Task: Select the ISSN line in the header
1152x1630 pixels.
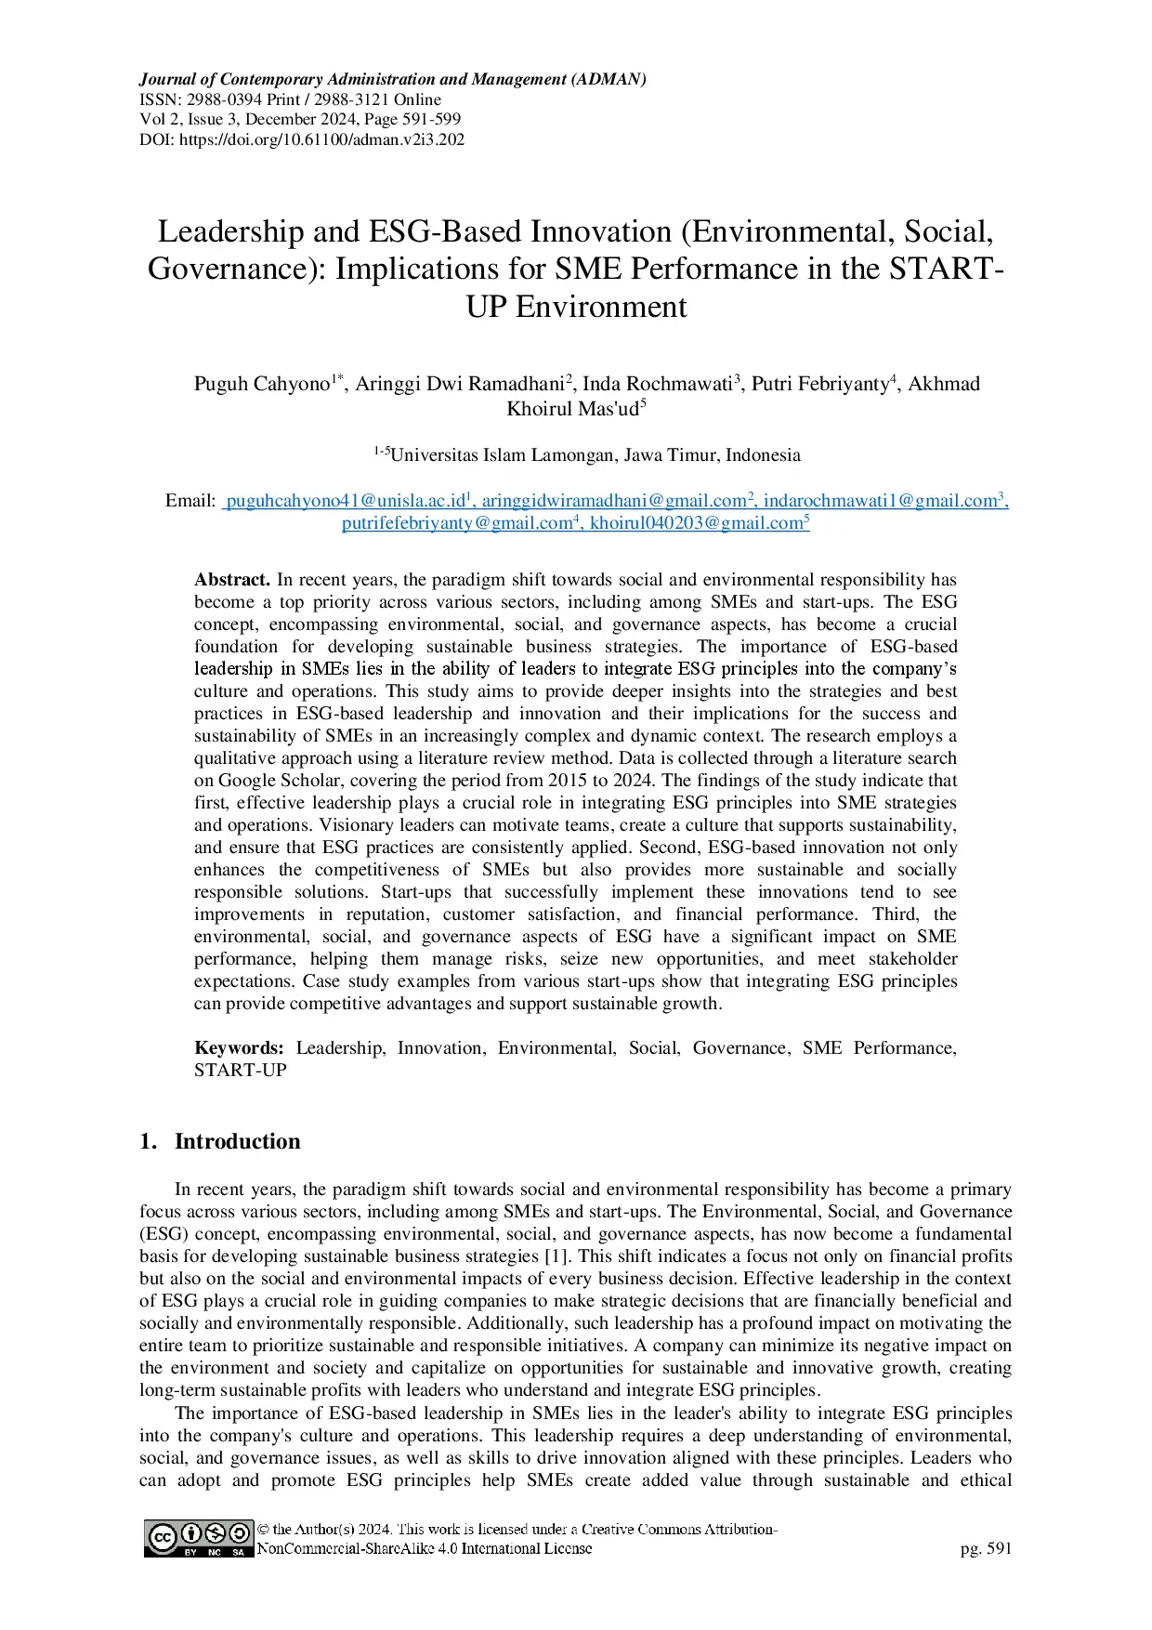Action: point(290,99)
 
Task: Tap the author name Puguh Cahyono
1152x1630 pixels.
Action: point(262,384)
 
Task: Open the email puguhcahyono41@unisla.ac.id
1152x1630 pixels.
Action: point(345,501)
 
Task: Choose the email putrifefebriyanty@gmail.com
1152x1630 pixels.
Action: point(456,523)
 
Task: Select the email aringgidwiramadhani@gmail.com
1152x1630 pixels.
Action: point(613,501)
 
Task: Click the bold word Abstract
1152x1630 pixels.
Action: point(232,580)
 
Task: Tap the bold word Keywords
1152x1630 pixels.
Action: point(239,1048)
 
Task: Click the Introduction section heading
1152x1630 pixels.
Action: point(237,1141)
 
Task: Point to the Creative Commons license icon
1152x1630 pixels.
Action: point(199,1538)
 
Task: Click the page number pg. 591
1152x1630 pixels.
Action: point(986,1548)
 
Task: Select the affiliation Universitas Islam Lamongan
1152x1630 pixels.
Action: point(595,455)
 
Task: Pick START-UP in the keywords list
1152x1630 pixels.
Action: point(241,1071)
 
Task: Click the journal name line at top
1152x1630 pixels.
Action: point(392,79)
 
